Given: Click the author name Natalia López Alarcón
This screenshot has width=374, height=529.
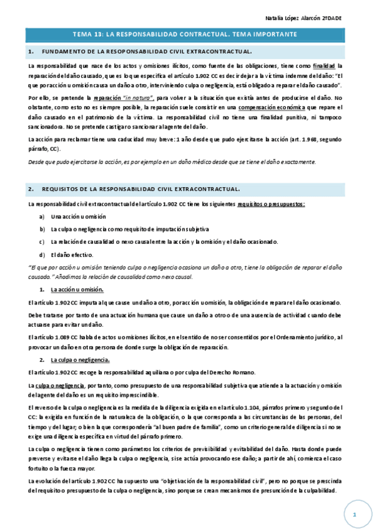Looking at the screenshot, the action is pyautogui.click(x=305, y=18).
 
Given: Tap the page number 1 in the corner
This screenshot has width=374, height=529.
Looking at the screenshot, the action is pyautogui.click(x=353, y=515).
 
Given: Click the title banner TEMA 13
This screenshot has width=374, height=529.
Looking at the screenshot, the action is pyautogui.click(x=185, y=35).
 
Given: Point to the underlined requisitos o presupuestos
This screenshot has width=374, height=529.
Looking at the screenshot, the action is pyautogui.click(x=272, y=204).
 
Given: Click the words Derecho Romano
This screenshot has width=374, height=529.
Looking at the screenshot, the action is pyautogui.click(x=235, y=372).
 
